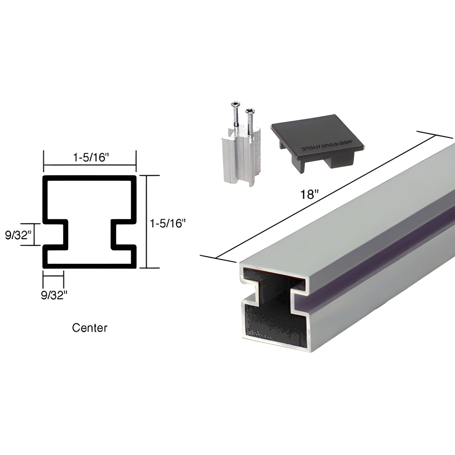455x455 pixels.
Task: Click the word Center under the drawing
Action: [x=90, y=328]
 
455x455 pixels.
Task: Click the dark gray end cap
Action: [x=318, y=139]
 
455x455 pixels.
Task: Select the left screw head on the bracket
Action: [x=235, y=104]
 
